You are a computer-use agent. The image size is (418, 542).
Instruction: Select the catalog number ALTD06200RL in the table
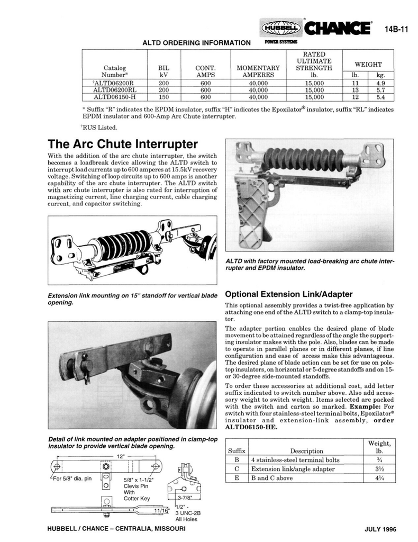pyautogui.click(x=114, y=90)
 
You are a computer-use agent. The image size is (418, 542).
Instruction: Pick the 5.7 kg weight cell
pyautogui.click(x=380, y=90)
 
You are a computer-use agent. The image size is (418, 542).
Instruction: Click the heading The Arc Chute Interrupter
pyautogui.click(x=122, y=144)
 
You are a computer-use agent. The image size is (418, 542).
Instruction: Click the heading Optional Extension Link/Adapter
pyautogui.click(x=289, y=294)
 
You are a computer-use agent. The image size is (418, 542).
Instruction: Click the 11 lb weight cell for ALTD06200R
pyautogui.click(x=356, y=83)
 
